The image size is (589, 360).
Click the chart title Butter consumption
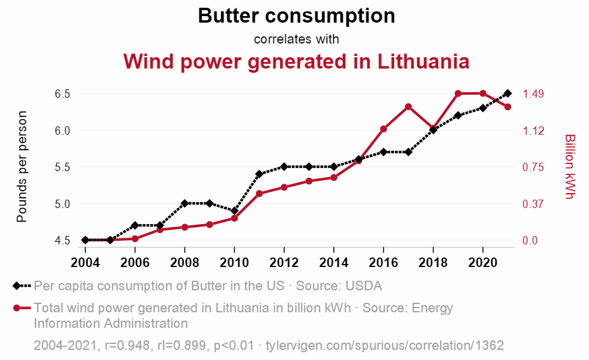(x=296, y=16)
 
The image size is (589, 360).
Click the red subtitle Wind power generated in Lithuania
(x=296, y=61)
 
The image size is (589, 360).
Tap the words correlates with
(x=296, y=39)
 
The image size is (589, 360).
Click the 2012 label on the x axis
(x=284, y=263)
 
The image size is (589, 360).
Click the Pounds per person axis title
(x=22, y=167)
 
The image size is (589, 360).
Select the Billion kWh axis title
(x=569, y=167)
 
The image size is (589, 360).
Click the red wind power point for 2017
(x=408, y=107)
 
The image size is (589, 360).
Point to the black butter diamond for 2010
(x=234, y=211)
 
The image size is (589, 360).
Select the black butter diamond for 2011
(x=259, y=174)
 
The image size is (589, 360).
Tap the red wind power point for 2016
(x=384, y=129)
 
